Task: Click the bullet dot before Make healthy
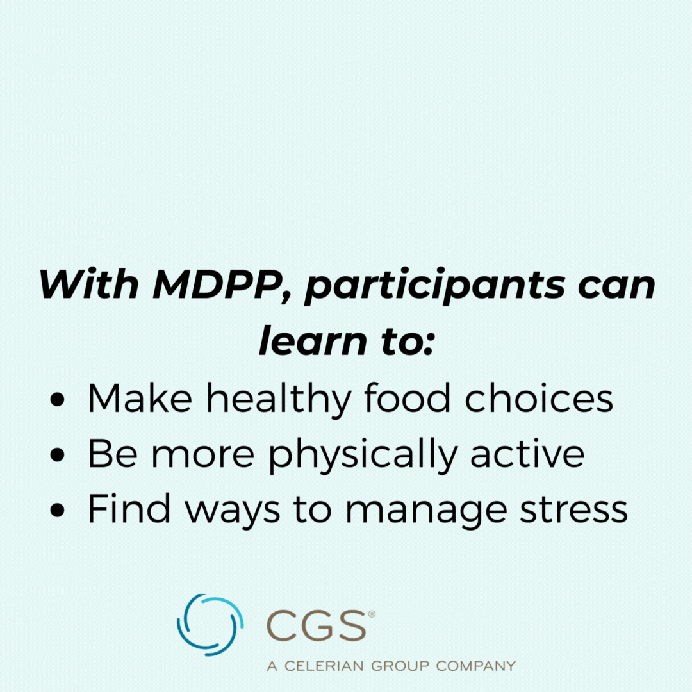[x=58, y=400]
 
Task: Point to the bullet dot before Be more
[x=58, y=455]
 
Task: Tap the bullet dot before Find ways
[x=58, y=510]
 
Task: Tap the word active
[x=527, y=453]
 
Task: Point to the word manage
[x=426, y=512]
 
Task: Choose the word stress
[x=573, y=509]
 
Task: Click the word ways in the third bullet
[x=233, y=512]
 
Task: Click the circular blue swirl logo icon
[x=210, y=625]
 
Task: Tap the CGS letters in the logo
[x=316, y=625]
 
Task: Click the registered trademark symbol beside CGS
[x=372, y=614]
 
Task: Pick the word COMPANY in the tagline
[x=475, y=666]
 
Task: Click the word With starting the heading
[x=89, y=284]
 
